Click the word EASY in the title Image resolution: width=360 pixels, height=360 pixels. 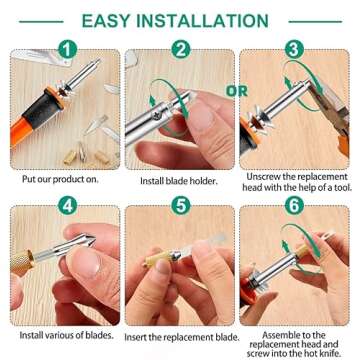coord(115,21)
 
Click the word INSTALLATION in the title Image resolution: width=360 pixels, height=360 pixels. coord(214,21)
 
